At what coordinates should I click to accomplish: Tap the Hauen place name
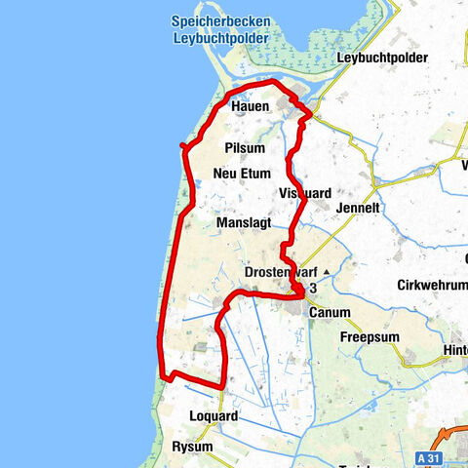point(251,107)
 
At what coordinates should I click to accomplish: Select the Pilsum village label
point(244,146)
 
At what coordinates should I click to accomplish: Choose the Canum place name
point(328,312)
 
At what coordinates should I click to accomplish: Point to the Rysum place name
point(192,446)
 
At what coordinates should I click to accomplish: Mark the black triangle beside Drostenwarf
point(327,271)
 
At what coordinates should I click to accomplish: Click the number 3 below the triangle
point(313,289)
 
